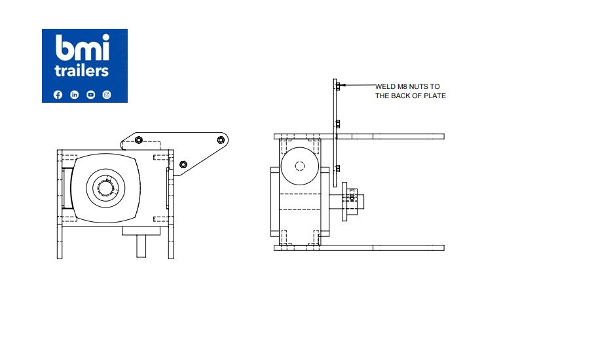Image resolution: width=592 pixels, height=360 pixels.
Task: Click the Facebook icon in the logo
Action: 58,95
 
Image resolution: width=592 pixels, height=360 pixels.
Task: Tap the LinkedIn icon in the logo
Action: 74,95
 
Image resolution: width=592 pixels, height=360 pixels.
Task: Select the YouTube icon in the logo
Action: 90,95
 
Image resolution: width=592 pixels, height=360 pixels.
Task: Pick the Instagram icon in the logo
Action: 107,95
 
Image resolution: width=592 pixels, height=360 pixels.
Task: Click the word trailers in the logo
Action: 83,70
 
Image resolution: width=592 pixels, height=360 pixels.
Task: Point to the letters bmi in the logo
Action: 83,48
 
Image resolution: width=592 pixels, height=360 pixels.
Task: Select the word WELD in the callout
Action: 385,86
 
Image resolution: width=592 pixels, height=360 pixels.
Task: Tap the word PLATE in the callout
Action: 435,96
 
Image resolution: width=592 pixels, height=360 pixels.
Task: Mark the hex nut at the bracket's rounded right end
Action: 221,139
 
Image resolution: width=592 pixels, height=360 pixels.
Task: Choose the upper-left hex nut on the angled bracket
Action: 139,139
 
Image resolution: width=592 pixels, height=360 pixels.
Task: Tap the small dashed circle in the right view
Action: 300,166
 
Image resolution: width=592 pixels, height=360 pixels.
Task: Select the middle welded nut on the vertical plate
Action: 337,124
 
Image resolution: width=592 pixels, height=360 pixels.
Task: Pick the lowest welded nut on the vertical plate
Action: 337,168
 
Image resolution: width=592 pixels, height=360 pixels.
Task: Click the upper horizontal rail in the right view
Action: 393,136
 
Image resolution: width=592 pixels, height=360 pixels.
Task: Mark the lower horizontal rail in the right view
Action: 393,247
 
